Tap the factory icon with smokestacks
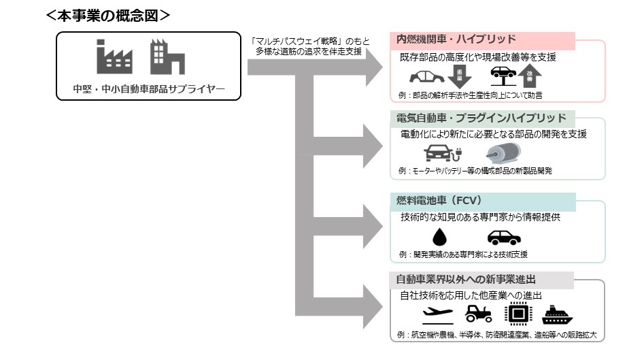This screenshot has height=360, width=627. coord(115,57)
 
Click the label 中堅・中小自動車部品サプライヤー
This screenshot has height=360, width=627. coord(148,88)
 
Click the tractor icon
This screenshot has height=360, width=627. coord(478,313)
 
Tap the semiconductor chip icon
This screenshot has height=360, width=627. coord(518,313)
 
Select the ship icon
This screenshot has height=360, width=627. coord(559,314)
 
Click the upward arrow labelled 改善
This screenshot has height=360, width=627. coord(530,76)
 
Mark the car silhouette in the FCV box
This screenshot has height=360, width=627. coord(504,237)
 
